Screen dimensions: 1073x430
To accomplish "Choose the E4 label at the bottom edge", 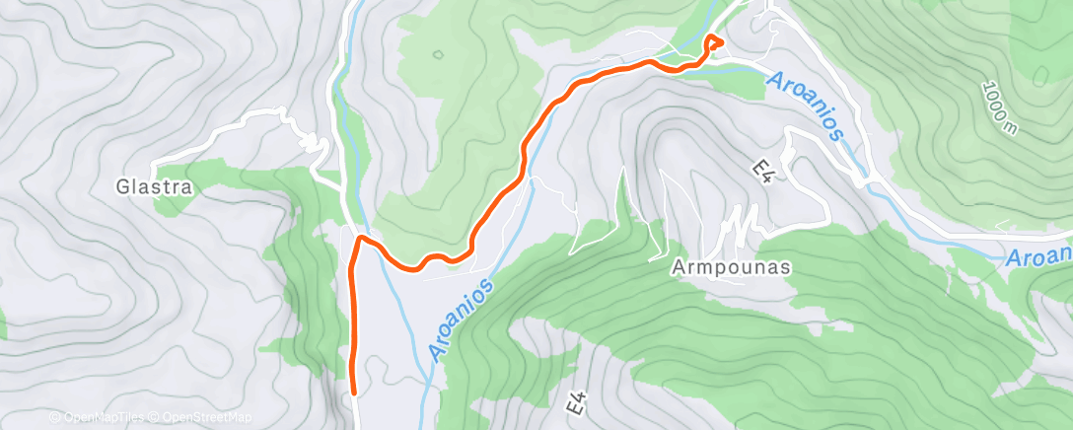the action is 579,403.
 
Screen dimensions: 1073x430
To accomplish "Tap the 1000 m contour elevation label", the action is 1000,108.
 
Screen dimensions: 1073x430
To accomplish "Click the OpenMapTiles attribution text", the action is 97,418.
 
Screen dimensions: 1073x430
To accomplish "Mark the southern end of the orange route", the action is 354,392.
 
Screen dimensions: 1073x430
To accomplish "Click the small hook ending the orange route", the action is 714,41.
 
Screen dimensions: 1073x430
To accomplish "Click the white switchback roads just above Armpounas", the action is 741,225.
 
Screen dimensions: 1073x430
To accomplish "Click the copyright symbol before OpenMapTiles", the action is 54,418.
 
